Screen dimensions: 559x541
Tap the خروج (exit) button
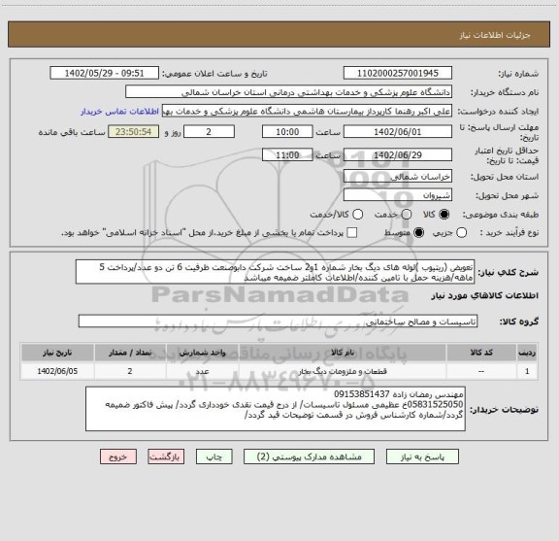114,456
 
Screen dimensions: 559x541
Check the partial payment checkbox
350,233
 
